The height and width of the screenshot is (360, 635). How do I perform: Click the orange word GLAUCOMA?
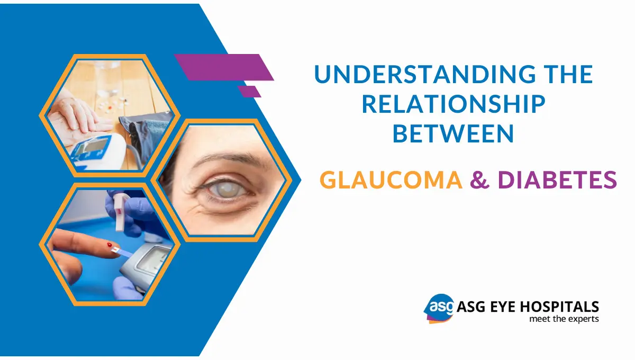click(x=391, y=181)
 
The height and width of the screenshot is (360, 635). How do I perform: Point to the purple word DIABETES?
click(x=557, y=181)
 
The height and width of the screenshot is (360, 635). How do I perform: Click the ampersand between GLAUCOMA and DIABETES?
click(x=479, y=181)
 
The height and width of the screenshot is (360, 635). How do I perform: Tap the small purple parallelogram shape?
click(x=249, y=91)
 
